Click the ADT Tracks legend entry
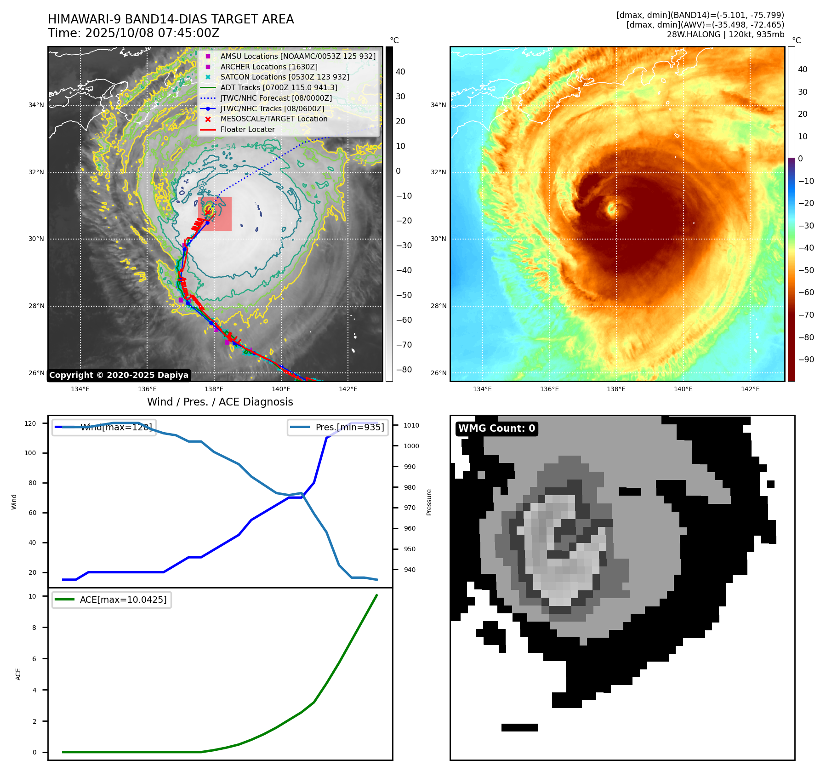(x=279, y=87)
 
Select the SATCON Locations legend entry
(x=285, y=77)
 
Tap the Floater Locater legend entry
(x=247, y=129)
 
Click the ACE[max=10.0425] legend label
(x=123, y=600)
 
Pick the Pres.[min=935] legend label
(x=349, y=427)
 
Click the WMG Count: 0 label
(x=496, y=428)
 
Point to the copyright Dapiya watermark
(x=119, y=375)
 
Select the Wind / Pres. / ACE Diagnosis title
(x=220, y=402)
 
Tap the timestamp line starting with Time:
(x=133, y=33)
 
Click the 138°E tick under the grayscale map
(x=214, y=389)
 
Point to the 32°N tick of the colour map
(x=438, y=172)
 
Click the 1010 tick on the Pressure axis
(x=411, y=425)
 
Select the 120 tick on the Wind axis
(x=30, y=423)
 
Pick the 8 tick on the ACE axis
(x=34, y=628)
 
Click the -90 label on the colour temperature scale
(x=806, y=360)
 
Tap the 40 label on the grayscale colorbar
(x=400, y=72)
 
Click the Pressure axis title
(x=429, y=502)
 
